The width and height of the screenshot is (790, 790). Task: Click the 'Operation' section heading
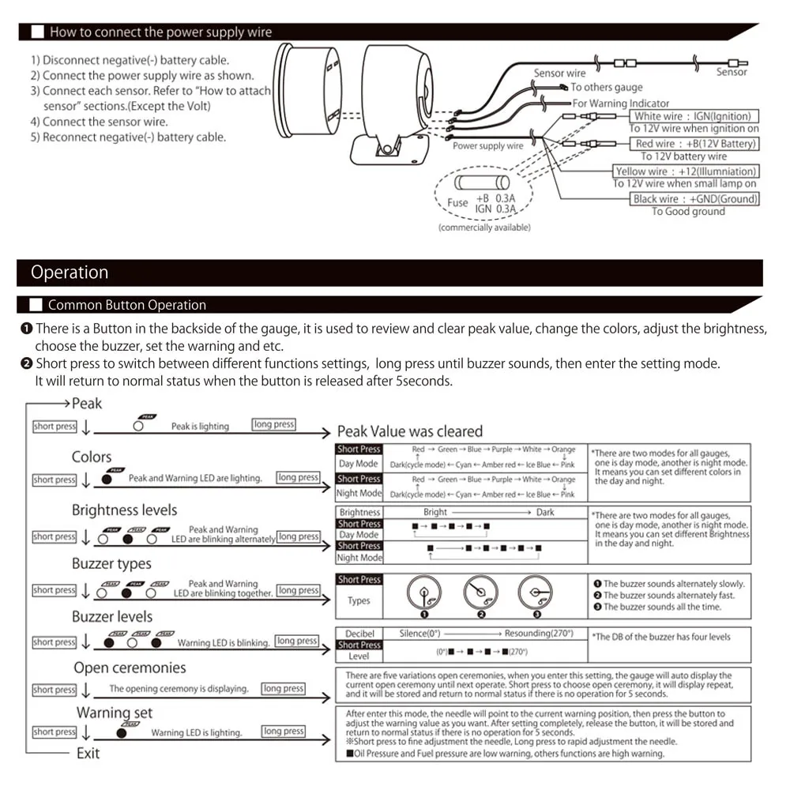pyautogui.click(x=70, y=273)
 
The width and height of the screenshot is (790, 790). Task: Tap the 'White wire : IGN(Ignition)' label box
pyautogui.click(x=692, y=116)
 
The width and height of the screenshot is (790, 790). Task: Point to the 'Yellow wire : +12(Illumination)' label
pyautogui.click(x=686, y=171)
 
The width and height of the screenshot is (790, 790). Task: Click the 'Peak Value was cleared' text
pyautogui.click(x=409, y=431)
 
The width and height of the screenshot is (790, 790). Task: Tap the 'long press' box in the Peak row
pyautogui.click(x=273, y=425)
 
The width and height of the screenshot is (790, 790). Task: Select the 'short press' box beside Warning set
pyautogui.click(x=55, y=732)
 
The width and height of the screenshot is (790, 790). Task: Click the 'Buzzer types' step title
pyautogui.click(x=111, y=563)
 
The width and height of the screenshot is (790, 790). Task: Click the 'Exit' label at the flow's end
pyautogui.click(x=88, y=753)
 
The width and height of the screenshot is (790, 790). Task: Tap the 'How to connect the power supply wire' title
pyautogui.click(x=160, y=32)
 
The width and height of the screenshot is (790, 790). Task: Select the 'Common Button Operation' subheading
pyautogui.click(x=126, y=305)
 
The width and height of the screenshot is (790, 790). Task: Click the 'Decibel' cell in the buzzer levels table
pyautogui.click(x=359, y=634)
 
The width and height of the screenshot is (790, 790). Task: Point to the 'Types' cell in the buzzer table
pyautogui.click(x=359, y=600)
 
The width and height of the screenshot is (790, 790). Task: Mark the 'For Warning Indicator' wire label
pyautogui.click(x=620, y=103)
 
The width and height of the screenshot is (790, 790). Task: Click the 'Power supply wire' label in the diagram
pyautogui.click(x=487, y=146)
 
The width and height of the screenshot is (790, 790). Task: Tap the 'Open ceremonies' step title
pyautogui.click(x=130, y=668)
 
